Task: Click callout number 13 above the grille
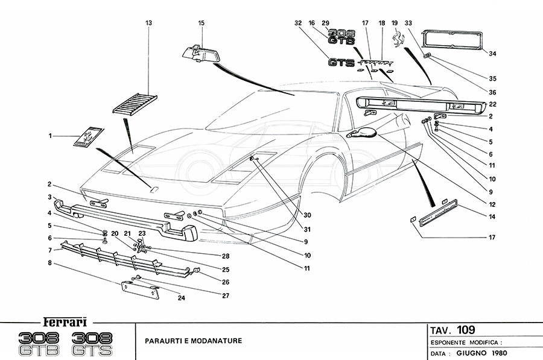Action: click(x=148, y=23)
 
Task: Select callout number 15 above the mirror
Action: click(x=202, y=23)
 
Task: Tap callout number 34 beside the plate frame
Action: click(x=492, y=54)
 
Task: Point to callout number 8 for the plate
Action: click(x=50, y=263)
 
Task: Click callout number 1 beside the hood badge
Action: click(x=50, y=136)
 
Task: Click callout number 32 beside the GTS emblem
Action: click(x=297, y=23)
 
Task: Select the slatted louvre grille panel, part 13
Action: click(x=135, y=104)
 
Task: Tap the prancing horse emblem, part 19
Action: click(x=398, y=40)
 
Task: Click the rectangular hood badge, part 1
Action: click(x=88, y=137)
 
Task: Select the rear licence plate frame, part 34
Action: click(x=451, y=40)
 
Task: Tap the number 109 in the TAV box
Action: click(x=465, y=330)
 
